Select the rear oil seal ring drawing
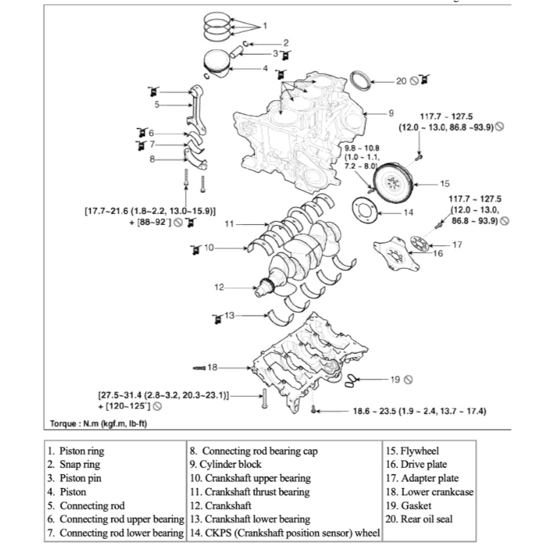[361, 82]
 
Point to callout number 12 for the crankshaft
[220, 287]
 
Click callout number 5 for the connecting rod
[157, 104]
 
